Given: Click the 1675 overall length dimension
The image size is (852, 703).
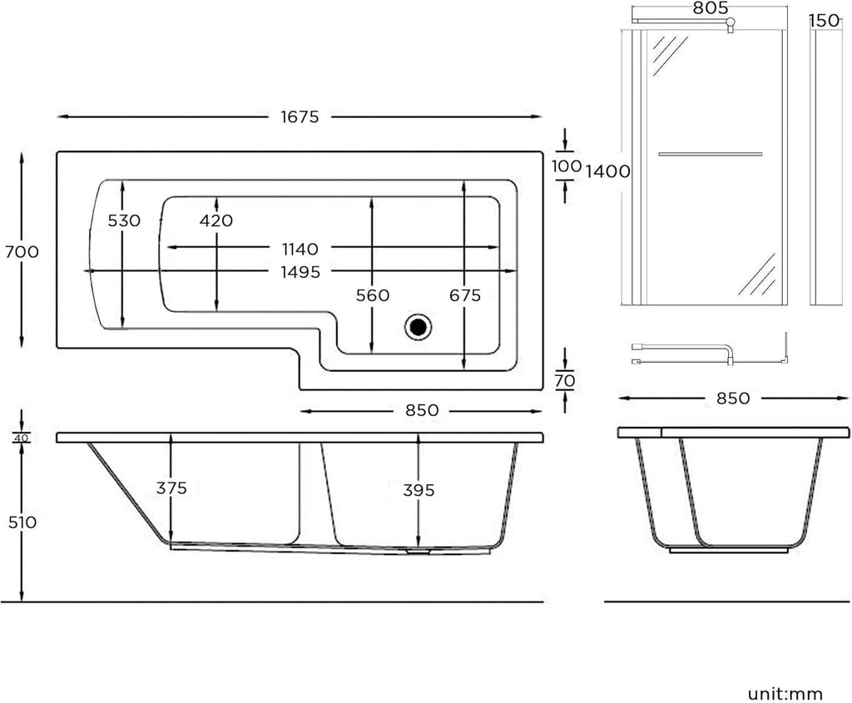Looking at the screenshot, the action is [300, 116].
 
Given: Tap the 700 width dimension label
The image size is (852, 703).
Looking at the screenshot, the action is [22, 252].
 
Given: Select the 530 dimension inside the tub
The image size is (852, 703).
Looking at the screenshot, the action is [124, 220].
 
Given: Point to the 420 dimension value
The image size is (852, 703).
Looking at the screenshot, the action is [216, 220].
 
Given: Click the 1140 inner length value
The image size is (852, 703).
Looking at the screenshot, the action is [300, 250].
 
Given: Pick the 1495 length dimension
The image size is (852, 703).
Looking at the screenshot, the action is [300, 272].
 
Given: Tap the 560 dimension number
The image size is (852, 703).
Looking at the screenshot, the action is [373, 295].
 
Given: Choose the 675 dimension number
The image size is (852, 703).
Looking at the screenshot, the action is [465, 295].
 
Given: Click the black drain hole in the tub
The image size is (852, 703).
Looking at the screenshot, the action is [418, 326].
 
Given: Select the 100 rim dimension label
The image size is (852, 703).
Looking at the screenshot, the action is [567, 166].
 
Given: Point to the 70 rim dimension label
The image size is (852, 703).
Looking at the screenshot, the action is [565, 381].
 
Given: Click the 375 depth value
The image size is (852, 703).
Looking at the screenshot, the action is [171, 488].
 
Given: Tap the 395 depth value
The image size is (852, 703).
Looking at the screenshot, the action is [419, 491].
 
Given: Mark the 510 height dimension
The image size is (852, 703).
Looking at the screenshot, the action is [22, 522].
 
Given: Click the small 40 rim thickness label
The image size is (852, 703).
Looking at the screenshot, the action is [22, 438].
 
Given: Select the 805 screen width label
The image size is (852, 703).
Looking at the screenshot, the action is [711, 8].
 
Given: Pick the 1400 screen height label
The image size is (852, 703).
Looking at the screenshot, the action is [608, 171].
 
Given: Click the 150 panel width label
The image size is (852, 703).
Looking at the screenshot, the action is [825, 21].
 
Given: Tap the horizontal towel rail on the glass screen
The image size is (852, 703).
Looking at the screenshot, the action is [711, 154].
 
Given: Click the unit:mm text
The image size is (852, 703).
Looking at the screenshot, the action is [785, 694].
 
